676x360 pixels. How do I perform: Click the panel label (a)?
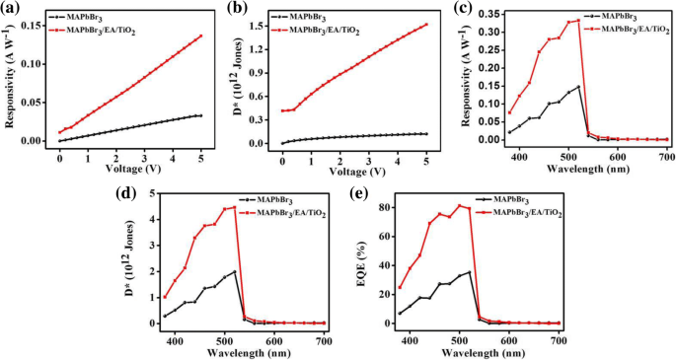tap(13, 9)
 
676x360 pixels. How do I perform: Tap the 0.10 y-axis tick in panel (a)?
tap(38, 64)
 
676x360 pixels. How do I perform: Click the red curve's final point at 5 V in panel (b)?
tap(425, 25)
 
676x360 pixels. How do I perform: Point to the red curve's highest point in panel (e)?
tap(459, 205)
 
